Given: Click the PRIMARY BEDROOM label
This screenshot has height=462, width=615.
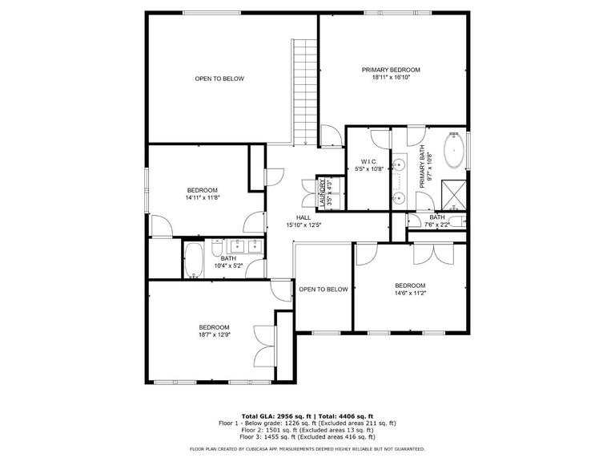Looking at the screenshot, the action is (391, 70).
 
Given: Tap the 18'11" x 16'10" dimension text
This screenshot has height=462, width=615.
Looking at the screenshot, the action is (391, 77).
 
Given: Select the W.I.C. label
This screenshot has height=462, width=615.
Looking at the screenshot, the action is (368, 162).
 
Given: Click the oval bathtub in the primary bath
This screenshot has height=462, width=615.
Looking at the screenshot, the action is (454, 151).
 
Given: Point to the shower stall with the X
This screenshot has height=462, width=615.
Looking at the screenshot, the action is (454, 195).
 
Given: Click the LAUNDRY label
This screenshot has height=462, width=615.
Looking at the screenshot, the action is (323, 192).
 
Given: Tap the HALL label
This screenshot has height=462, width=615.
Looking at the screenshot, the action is (303, 217).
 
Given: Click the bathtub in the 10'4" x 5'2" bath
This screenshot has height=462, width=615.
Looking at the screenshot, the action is (194, 260).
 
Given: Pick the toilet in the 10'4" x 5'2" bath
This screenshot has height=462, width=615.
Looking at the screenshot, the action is (217, 248).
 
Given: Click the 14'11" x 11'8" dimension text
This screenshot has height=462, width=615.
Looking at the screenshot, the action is (203, 197).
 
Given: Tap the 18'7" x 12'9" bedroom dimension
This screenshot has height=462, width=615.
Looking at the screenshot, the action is (214, 334).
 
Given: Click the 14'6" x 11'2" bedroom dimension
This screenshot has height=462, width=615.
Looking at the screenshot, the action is (410, 293).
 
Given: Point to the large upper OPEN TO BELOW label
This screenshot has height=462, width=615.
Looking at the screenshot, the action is (219, 79).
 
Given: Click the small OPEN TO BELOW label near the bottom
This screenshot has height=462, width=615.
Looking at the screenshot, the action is (324, 290).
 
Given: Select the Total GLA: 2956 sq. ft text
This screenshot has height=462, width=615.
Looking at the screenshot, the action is (276, 416).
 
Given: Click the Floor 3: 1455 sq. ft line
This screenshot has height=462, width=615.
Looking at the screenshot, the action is (307, 436).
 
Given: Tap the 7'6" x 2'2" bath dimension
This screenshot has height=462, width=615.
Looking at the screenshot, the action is (437, 225).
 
